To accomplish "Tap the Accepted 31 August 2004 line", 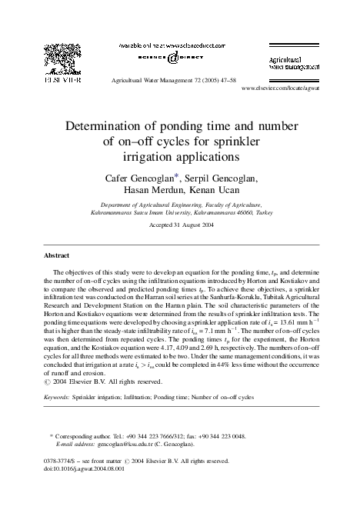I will click(x=180, y=227).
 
